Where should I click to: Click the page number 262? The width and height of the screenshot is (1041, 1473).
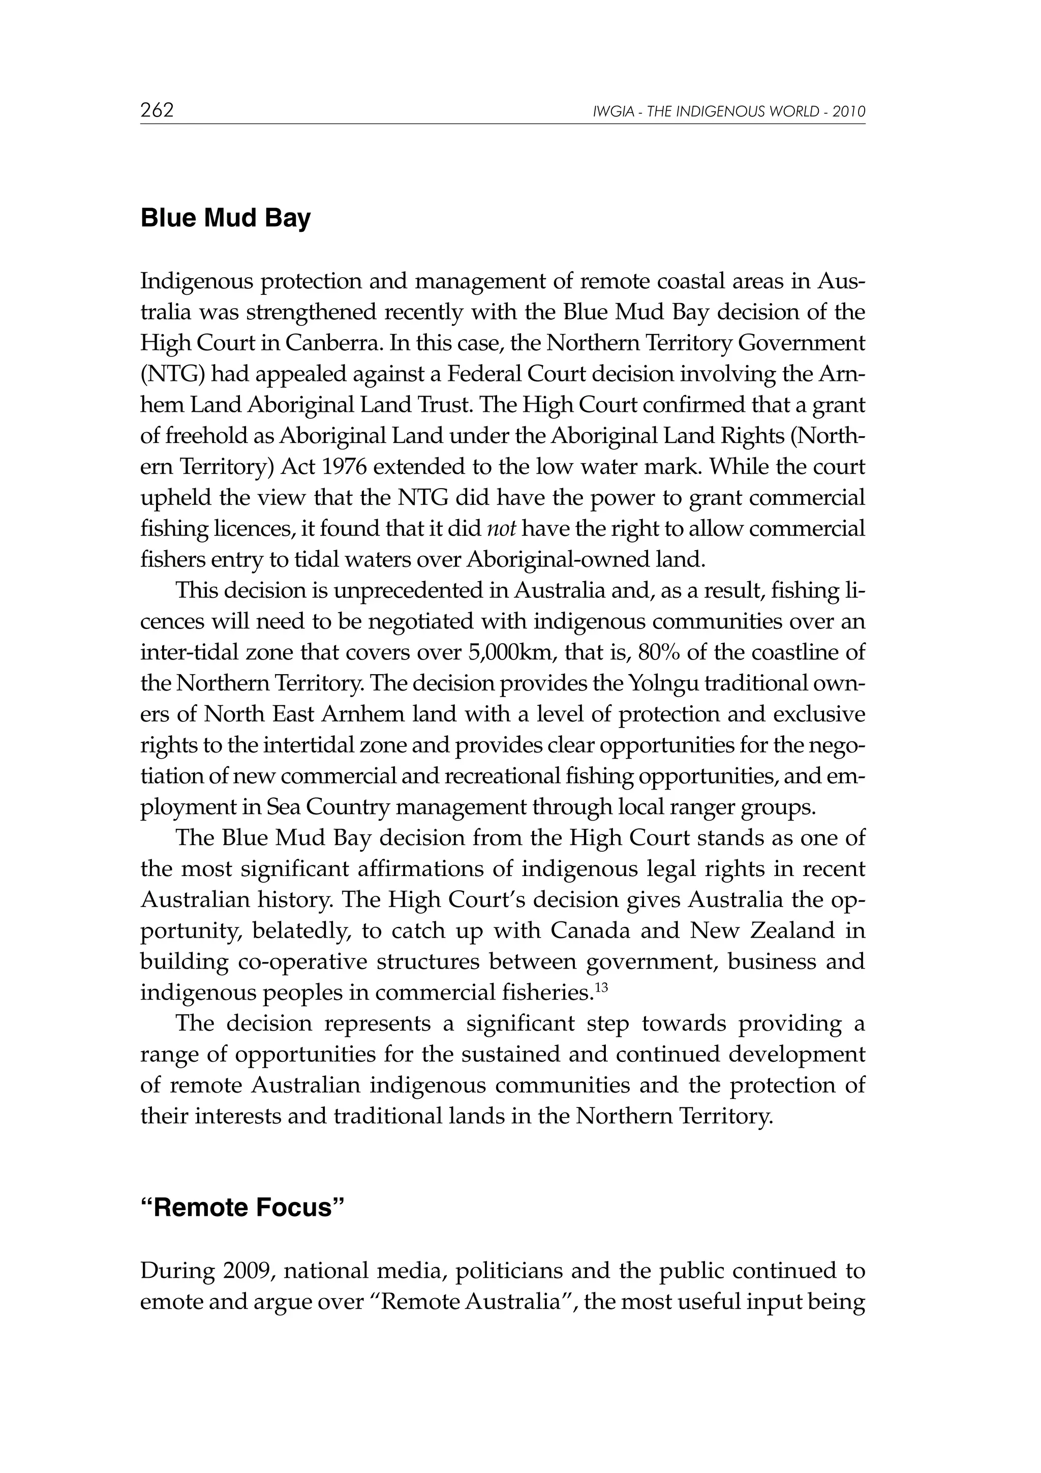coord(157,110)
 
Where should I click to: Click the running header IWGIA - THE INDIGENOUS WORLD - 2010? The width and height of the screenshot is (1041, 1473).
coord(729,112)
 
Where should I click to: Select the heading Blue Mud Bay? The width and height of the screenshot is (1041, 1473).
coord(225,218)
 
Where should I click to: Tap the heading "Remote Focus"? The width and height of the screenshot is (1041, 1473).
coord(242,1208)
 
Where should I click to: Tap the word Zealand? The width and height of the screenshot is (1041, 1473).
coord(792,931)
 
